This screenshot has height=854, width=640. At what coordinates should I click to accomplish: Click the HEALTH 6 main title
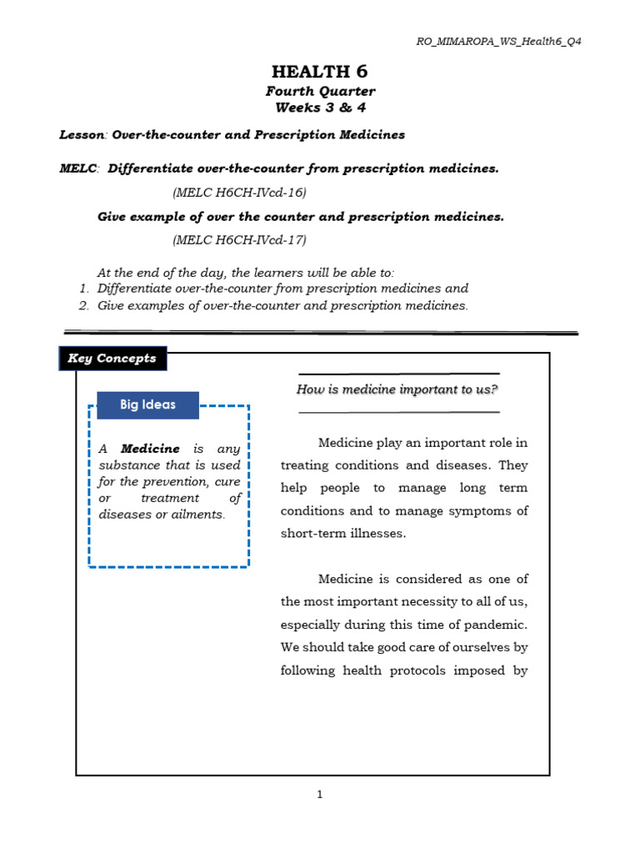pos(320,72)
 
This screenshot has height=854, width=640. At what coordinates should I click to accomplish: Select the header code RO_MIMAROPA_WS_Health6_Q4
pos(499,42)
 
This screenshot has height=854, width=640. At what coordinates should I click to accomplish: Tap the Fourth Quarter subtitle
pos(320,91)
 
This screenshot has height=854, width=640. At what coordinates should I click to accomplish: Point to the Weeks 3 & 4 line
pos(320,108)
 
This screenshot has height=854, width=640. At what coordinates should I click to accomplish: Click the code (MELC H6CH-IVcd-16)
pos(240,193)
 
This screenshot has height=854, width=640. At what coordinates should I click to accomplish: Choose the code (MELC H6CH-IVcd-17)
pos(240,240)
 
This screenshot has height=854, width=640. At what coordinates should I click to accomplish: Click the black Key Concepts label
pos(112,359)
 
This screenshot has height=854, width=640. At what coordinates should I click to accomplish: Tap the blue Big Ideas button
pos(147,405)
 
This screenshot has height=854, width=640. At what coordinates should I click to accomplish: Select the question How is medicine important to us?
pos(397,389)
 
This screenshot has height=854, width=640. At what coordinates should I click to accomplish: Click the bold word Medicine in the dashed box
pos(150,449)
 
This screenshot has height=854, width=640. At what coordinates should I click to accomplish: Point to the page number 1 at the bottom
pos(319,795)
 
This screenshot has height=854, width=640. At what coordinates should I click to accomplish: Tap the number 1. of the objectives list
pos(83,289)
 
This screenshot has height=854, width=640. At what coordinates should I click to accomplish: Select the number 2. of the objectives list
pos(83,306)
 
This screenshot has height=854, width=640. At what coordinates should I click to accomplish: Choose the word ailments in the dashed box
pos(197,515)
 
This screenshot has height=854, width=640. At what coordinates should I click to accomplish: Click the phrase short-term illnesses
pos(342,534)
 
